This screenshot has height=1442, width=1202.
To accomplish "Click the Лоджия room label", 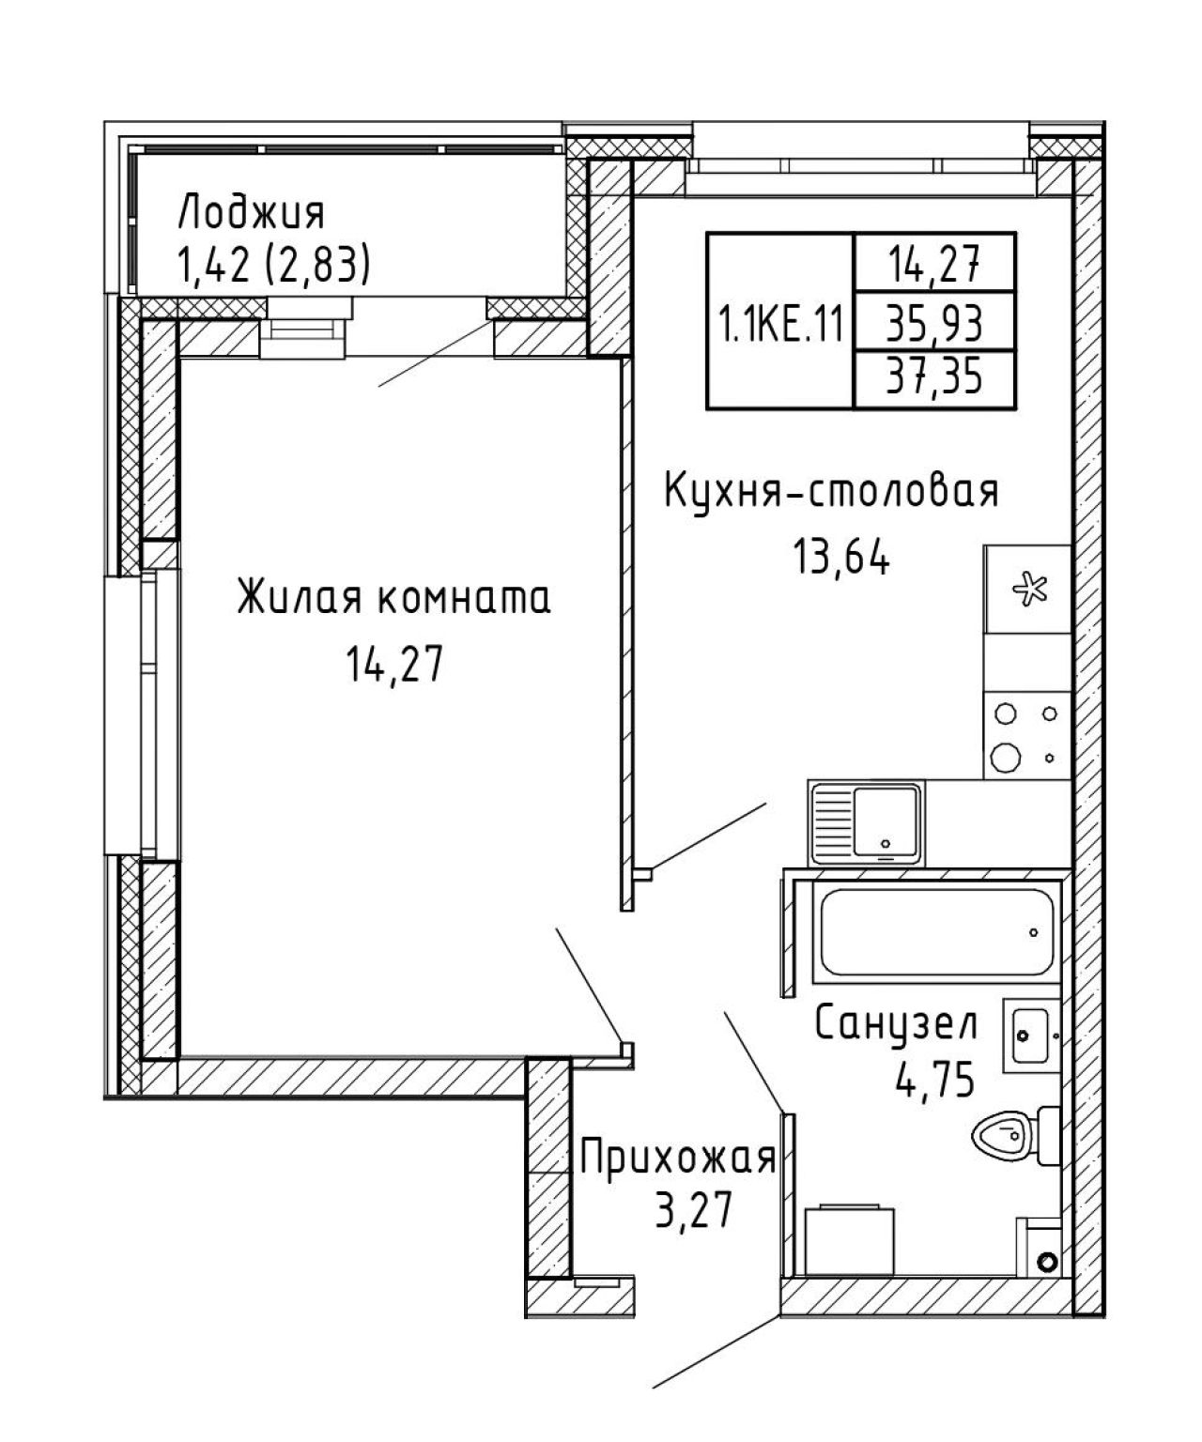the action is pyautogui.click(x=251, y=213).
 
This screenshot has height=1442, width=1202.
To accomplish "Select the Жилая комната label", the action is pyautogui.click(x=393, y=598).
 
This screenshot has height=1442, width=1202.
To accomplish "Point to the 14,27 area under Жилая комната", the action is pyautogui.click(x=394, y=665).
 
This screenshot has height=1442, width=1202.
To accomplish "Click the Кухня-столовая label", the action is pyautogui.click(x=832, y=491).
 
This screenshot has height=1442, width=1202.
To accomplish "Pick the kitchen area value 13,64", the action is pyautogui.click(x=841, y=557).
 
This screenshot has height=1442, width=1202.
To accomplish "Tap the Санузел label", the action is pyautogui.click(x=897, y=1022).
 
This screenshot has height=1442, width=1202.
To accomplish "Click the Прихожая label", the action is pyautogui.click(x=678, y=1158).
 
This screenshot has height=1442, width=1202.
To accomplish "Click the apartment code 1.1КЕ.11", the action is pyautogui.click(x=781, y=324).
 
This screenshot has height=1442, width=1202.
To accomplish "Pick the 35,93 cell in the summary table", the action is pyautogui.click(x=934, y=324).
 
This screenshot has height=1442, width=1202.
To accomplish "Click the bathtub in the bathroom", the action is pyautogui.click(x=937, y=931).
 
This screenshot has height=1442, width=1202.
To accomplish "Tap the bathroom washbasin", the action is pyautogui.click(x=1032, y=1035).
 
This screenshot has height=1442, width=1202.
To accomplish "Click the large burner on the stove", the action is pyautogui.click(x=1006, y=758).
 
